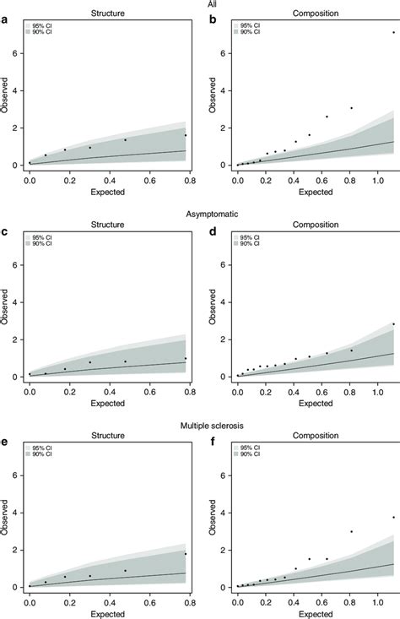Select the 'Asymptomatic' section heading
pos(200,214)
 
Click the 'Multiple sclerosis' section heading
pos(200,426)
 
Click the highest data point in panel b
pos(392,32)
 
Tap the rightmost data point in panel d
pos(392,323)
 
